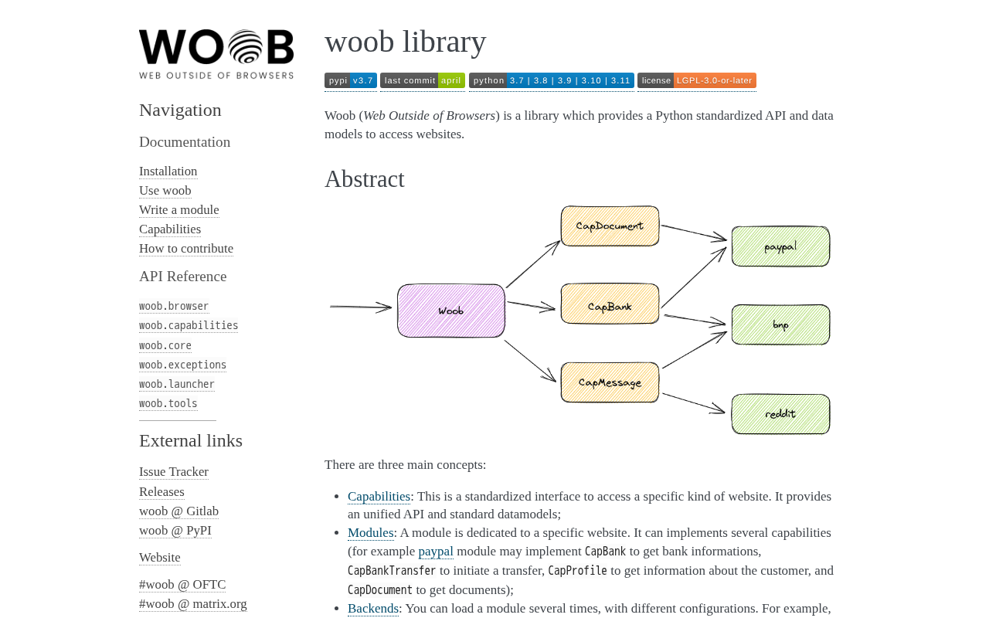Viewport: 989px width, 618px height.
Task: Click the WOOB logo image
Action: [x=216, y=54]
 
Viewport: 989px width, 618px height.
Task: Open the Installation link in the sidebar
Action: [x=168, y=171]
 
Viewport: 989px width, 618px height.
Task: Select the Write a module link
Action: [x=178, y=209]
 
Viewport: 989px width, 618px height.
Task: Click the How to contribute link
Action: [x=186, y=249]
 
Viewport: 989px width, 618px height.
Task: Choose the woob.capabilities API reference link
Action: [x=189, y=325]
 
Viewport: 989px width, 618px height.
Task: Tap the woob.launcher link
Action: [x=177, y=384]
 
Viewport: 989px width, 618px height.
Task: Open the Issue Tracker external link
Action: [x=174, y=472]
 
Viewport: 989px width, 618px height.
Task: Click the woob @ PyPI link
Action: [x=175, y=531]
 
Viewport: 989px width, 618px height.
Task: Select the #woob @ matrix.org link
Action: [x=193, y=604]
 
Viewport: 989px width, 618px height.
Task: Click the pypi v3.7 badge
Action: [x=351, y=80]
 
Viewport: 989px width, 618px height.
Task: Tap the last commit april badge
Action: [x=423, y=80]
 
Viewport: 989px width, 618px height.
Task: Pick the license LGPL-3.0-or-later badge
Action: [x=697, y=80]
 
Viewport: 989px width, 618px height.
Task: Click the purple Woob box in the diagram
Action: [x=450, y=311]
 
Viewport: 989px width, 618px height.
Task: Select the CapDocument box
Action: [x=610, y=226]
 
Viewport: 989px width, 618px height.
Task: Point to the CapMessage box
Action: [x=610, y=382]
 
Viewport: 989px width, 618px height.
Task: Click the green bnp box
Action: [x=780, y=325]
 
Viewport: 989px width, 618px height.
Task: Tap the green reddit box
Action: [x=780, y=414]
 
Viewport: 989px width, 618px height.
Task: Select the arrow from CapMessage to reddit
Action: [x=694, y=403]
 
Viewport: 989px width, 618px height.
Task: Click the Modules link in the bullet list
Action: [x=370, y=533]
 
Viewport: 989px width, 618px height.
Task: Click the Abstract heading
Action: [x=364, y=179]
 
